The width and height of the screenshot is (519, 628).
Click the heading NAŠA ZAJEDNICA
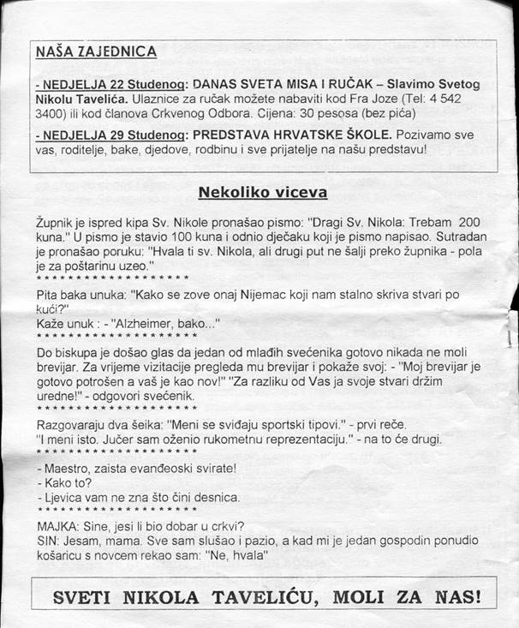(96, 51)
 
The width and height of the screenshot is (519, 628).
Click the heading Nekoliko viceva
(256, 191)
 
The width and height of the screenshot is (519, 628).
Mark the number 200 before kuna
(458, 221)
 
